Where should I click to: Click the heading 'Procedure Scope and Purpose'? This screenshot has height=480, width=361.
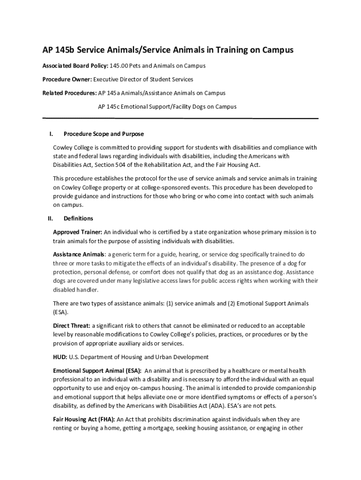104,134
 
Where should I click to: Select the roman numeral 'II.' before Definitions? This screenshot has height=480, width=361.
51,218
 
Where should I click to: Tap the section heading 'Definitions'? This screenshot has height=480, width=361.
78,218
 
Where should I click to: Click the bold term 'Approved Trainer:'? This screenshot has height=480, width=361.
77,232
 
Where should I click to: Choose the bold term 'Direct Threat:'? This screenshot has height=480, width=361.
72,325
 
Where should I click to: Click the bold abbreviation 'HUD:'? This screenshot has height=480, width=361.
60,357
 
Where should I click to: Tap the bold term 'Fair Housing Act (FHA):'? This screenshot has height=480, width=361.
84,419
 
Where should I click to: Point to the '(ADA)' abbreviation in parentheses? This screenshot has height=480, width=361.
256,405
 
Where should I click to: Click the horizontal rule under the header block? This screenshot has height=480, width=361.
180,119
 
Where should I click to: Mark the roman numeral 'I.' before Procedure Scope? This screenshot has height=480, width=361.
51,134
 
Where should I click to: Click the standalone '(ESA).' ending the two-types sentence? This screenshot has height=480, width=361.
60,312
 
